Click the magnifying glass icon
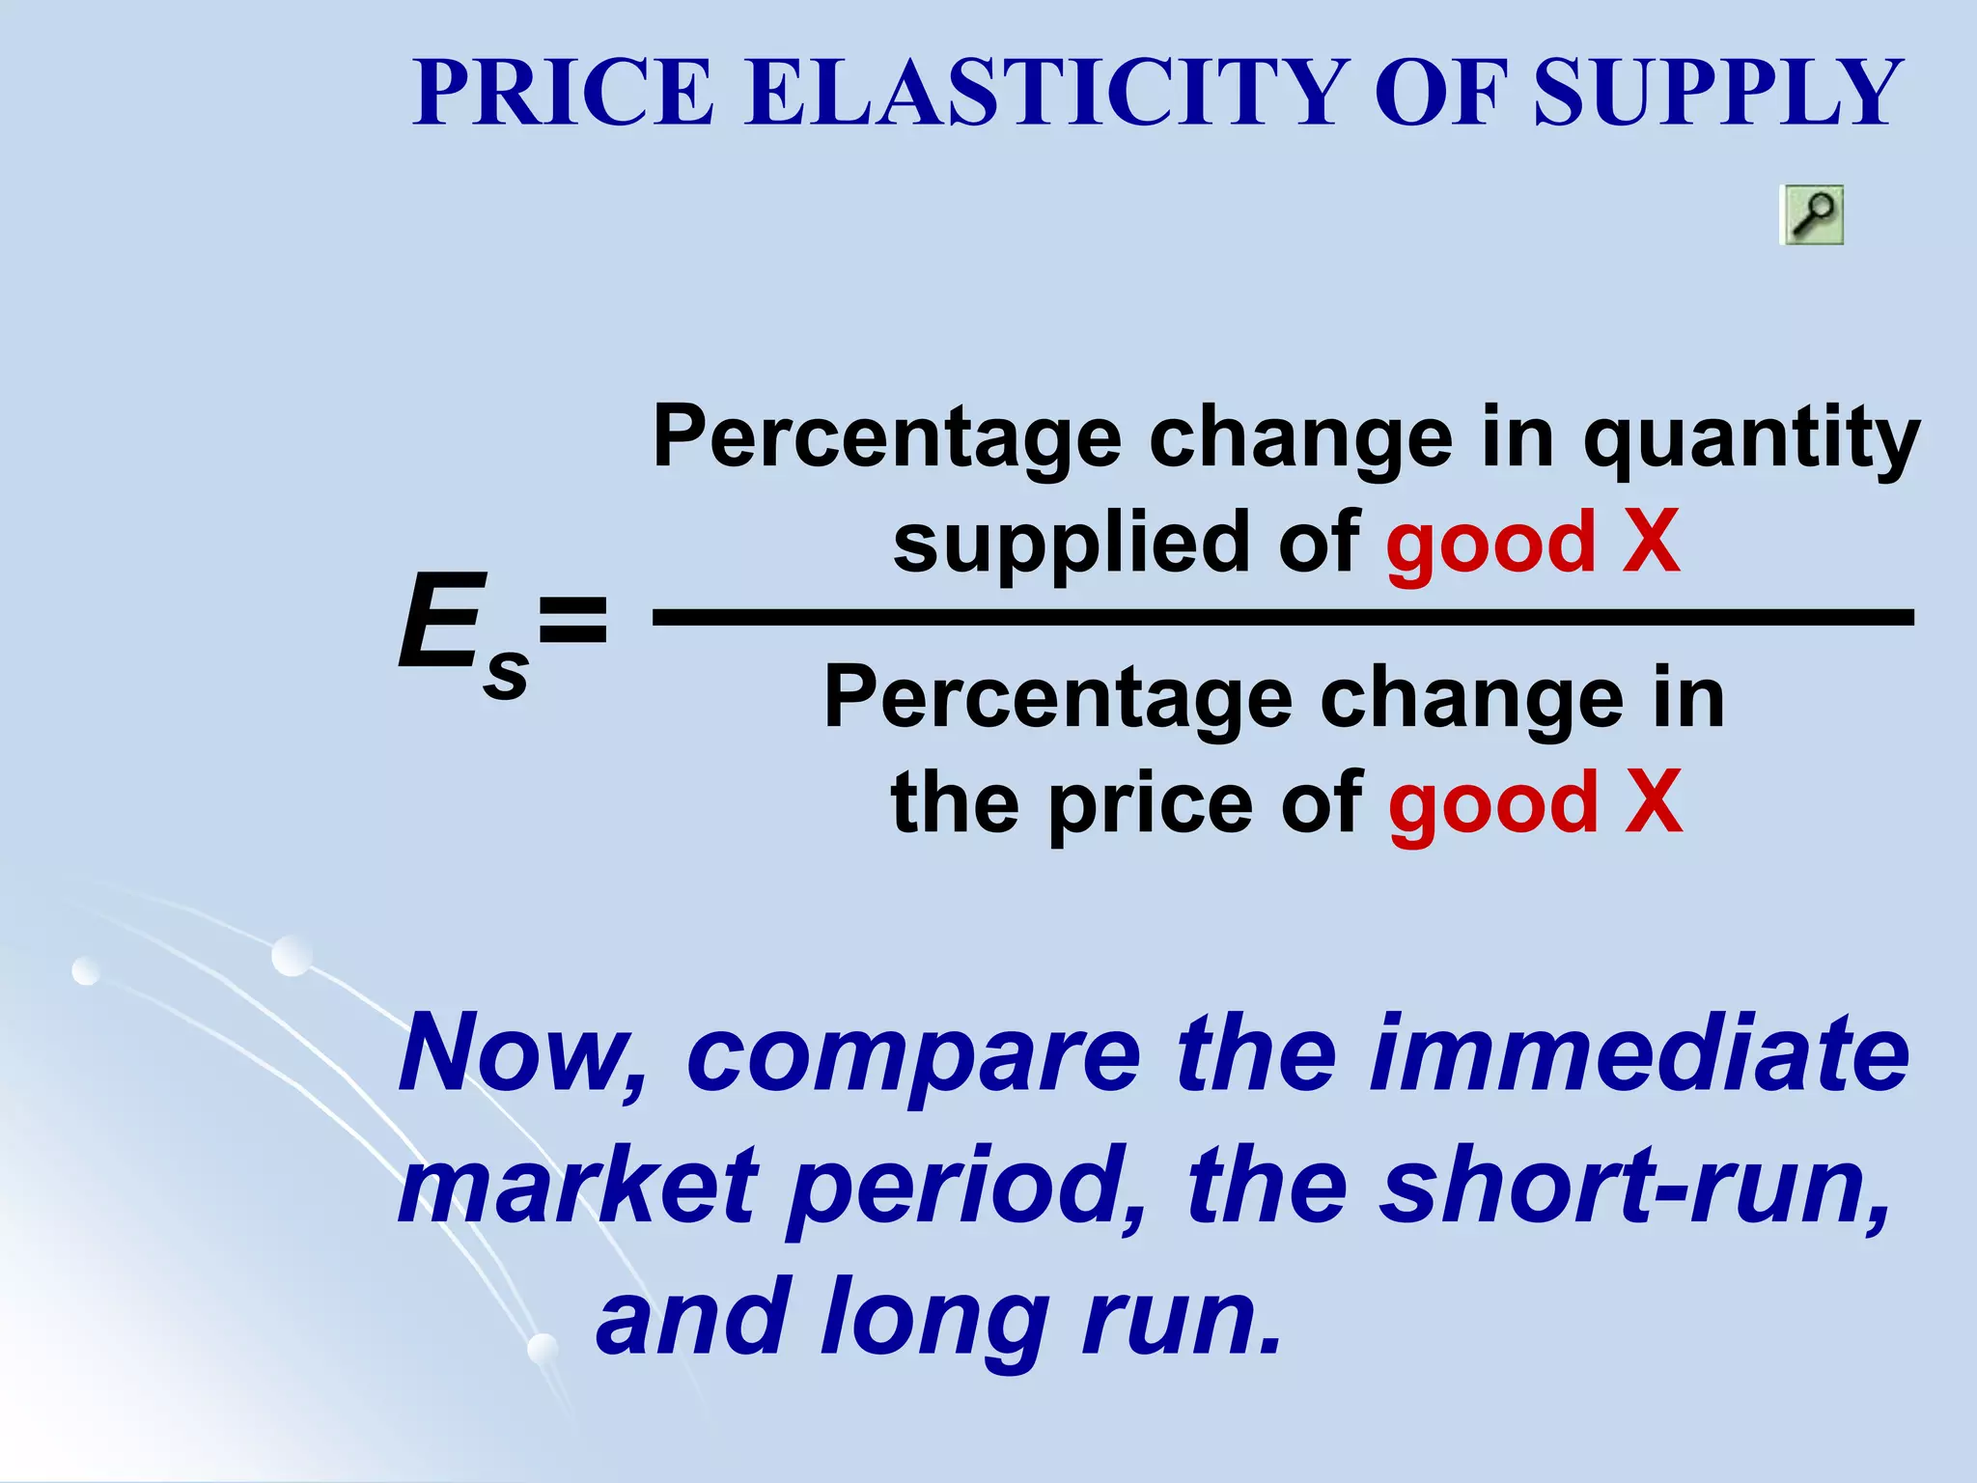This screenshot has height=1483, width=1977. point(1811,214)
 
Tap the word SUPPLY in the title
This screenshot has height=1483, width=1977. point(1717,93)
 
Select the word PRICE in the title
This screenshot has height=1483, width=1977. point(563,93)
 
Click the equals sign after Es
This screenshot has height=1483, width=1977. point(573,622)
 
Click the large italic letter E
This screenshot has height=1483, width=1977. point(439,622)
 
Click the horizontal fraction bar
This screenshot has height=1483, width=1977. point(1283,617)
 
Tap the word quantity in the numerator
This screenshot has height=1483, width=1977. point(1751,440)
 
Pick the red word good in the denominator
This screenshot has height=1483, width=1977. point(1493,804)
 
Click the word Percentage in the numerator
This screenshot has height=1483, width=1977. point(887,440)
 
